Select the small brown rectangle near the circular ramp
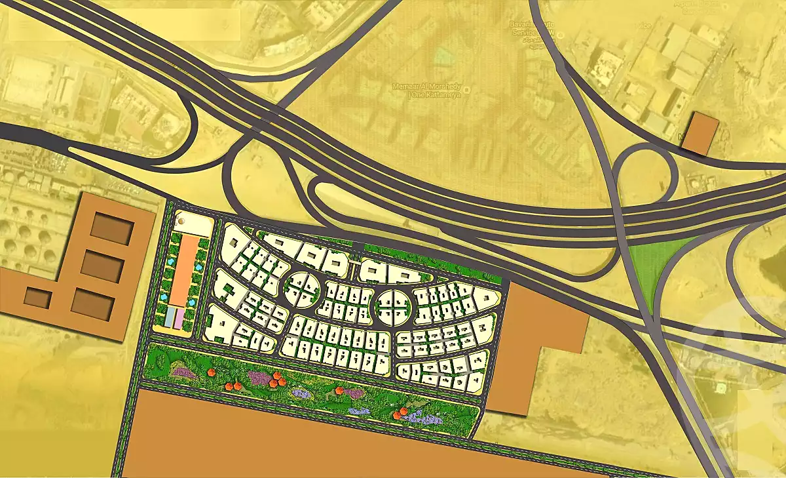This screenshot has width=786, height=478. coord(700,134)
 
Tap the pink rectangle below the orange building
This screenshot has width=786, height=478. coord(179,318)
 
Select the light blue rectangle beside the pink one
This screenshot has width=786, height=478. coord(168,318)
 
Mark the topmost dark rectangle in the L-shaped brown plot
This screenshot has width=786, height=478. coord(112,227)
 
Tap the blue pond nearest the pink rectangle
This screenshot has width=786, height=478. coord(191,302)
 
